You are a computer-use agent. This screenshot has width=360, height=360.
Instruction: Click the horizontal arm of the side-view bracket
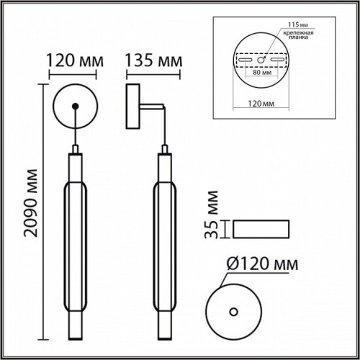coord(152,107)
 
